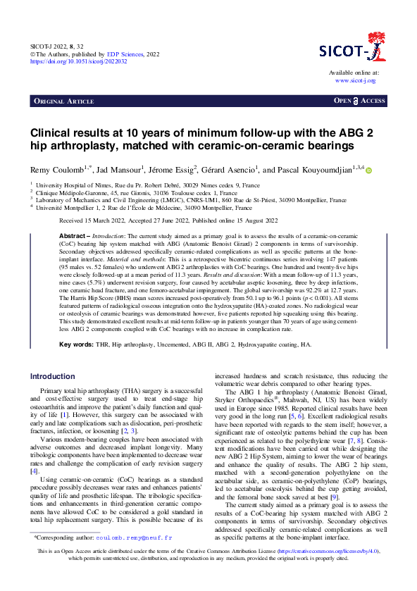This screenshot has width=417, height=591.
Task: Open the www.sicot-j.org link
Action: point(356,81)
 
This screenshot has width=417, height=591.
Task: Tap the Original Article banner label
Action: point(64,101)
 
